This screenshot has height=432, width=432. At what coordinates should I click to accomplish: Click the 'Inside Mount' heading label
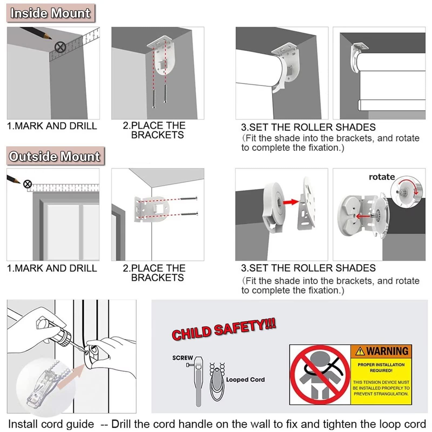[x=50, y=13]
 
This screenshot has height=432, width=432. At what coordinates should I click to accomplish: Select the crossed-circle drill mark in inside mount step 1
[x=60, y=48]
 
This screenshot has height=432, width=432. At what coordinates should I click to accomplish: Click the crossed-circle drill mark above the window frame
[x=27, y=184]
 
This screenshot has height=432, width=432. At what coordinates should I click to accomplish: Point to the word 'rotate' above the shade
[x=382, y=177]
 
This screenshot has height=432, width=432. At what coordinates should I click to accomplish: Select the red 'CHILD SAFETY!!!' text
[x=224, y=329]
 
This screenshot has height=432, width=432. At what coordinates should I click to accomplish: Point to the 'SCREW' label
[x=183, y=358]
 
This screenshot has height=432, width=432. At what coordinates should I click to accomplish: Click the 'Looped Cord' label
[x=245, y=379]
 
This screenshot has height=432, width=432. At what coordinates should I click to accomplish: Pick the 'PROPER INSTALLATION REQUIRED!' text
[x=381, y=367]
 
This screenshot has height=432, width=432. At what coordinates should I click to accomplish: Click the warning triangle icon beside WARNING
[x=360, y=351]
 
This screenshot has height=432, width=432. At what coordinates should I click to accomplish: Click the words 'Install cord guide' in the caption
[x=51, y=424]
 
